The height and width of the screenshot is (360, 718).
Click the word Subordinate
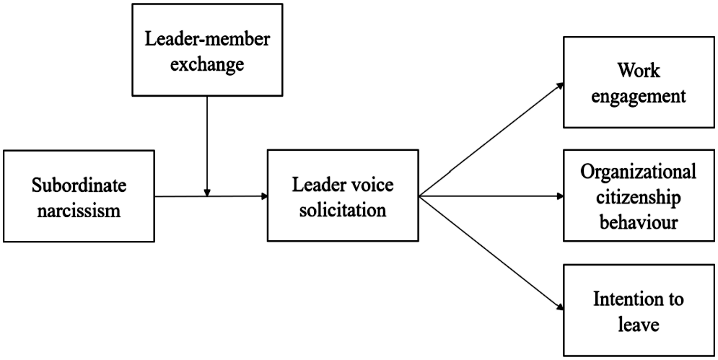(79, 185)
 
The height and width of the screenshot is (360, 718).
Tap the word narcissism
(79, 210)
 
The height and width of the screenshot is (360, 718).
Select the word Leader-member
(207, 40)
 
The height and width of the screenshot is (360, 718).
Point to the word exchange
(207, 64)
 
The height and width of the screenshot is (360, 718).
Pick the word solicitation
(343, 210)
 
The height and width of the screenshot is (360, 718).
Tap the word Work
(639, 71)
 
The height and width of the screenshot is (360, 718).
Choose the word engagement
(639, 97)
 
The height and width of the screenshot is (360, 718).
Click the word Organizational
(639, 172)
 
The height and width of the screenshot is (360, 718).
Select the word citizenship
(639, 197)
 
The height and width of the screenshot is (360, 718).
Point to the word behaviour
(639, 222)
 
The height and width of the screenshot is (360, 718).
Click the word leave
(639, 324)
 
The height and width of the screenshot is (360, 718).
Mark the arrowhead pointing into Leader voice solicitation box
(264, 196)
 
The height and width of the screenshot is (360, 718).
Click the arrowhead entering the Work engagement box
(560, 85)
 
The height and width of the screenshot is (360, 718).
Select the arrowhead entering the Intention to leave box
(560, 307)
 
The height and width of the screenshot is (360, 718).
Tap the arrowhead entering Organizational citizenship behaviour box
(561, 196)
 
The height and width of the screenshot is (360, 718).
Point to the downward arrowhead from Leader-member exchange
(207, 193)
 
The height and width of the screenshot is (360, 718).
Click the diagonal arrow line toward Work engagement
(491, 140)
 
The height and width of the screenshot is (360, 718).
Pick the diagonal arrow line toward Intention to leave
(491, 252)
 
